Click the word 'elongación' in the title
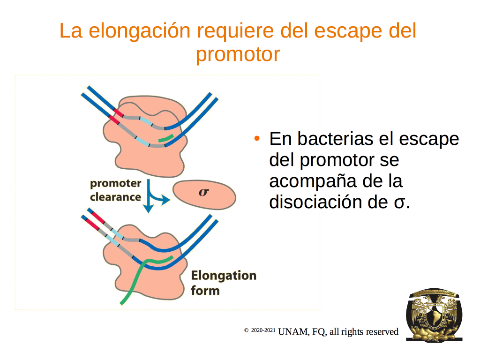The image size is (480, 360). click(140, 31)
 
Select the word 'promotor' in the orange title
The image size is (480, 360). click(238, 54)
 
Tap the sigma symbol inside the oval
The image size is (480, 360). click(203, 192)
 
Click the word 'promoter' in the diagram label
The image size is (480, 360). click(115, 183)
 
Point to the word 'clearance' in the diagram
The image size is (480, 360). click(115, 197)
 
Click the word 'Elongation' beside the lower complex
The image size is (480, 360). click(224, 276)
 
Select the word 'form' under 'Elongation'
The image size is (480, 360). click(205, 291)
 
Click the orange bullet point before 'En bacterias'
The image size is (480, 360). click(257, 139)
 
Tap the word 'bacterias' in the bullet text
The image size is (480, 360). click(336, 139)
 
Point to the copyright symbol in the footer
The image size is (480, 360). click(246, 330)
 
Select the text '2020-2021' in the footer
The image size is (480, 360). click(263, 330)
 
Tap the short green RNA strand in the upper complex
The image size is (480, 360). click(166, 138)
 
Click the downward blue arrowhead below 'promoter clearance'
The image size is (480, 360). click(149, 208)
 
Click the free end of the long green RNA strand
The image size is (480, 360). click(121, 304)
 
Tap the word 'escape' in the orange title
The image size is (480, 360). click(348, 31)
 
